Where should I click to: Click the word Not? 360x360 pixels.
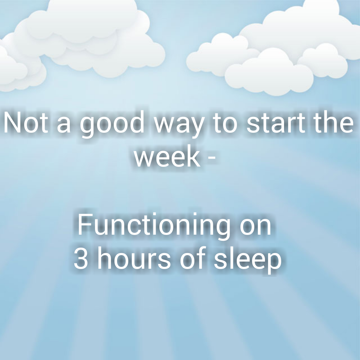click(x=26, y=123)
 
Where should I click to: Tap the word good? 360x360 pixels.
click(x=112, y=124)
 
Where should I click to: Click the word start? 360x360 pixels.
click(x=276, y=124)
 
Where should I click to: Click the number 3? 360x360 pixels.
click(x=81, y=260)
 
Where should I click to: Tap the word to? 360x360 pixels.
click(x=225, y=124)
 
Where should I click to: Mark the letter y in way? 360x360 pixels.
click(x=197, y=128)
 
